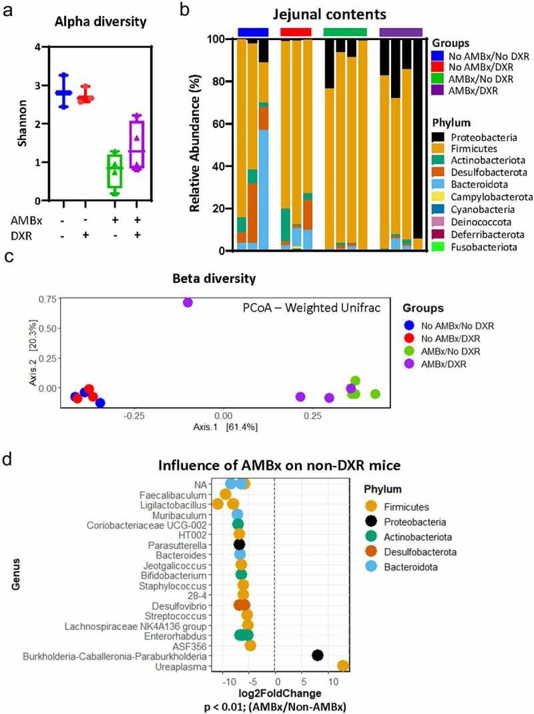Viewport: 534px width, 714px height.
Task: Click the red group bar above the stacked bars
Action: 295,32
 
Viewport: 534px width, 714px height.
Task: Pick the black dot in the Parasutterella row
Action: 240,544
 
